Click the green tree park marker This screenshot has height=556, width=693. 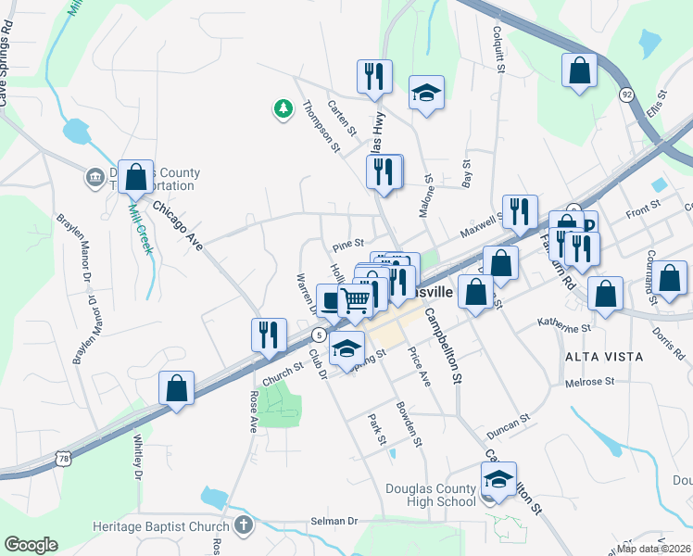tap(283, 109)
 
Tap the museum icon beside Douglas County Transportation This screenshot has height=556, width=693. tap(94, 177)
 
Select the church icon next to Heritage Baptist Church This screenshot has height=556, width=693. tap(243, 526)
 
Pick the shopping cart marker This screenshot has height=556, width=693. tap(355, 300)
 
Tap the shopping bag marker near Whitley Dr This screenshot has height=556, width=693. tap(176, 388)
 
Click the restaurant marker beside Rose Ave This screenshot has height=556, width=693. tap(269, 334)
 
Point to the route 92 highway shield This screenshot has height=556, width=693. tap(627, 94)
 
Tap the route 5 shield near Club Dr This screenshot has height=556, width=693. tap(319, 334)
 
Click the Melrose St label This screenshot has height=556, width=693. tap(590, 382)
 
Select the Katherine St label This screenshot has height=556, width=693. tap(564, 327)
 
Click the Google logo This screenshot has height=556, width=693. tap(31, 545)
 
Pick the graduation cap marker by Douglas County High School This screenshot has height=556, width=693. tap(498, 479)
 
